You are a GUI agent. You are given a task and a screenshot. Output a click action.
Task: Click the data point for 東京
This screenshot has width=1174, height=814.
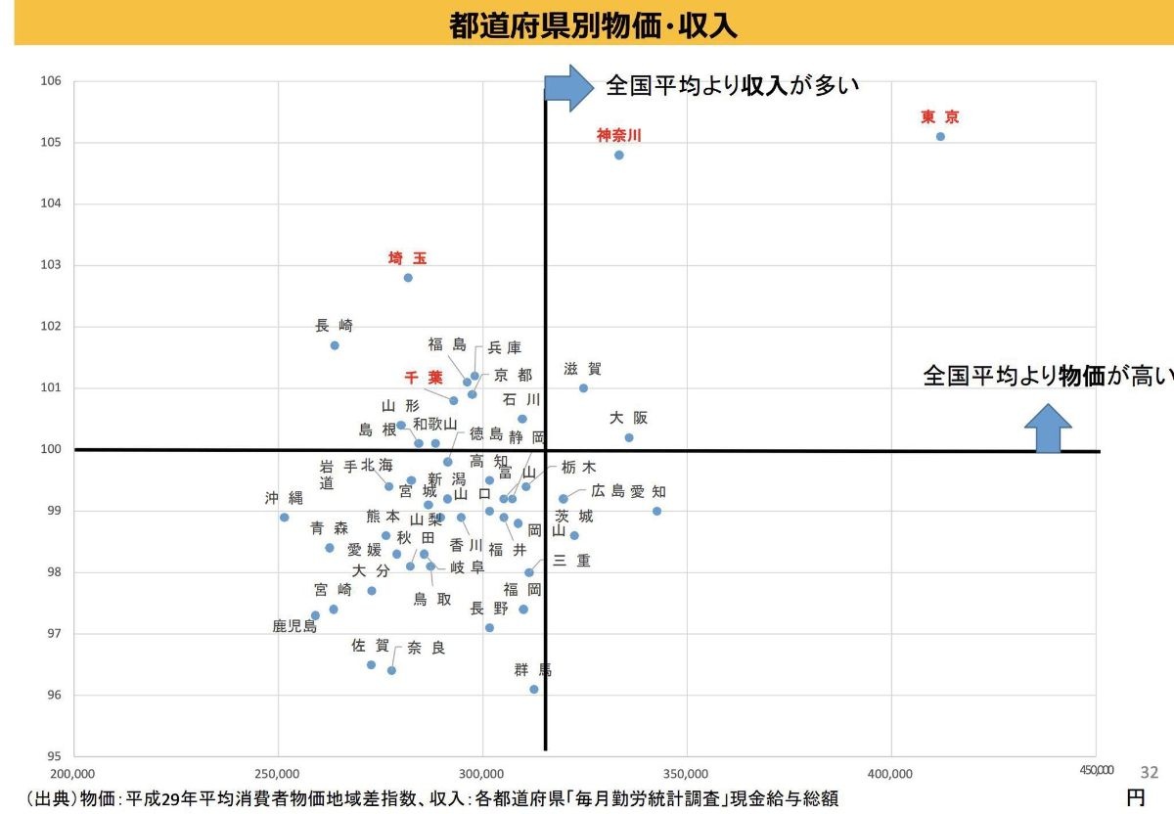coord(940,136)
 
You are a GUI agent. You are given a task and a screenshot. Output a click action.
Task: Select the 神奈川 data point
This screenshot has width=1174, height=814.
coord(618,155)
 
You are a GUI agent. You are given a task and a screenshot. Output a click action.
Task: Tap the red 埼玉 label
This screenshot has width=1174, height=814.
coord(407,258)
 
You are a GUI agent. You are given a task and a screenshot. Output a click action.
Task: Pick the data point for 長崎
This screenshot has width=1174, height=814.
coord(335,345)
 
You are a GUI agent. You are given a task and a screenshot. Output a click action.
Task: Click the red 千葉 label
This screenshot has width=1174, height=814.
coord(424,378)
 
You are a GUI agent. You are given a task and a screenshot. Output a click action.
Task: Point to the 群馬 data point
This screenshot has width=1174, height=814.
coord(534,689)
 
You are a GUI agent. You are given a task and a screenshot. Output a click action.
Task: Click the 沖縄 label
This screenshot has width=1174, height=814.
coord(284,498)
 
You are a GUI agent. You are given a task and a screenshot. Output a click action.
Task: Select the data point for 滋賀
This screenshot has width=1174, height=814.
coord(583,387)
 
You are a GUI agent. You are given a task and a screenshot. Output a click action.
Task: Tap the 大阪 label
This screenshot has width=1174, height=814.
coord(628,418)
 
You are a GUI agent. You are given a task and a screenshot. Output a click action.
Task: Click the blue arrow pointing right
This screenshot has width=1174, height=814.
coord(567,87)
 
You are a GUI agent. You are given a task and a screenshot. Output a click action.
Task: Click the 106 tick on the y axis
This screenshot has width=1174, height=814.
coord(52,81)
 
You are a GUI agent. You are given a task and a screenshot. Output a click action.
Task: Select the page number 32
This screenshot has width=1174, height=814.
coord(1150,772)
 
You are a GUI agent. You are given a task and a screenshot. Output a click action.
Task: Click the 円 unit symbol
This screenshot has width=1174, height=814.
coord(1135,797)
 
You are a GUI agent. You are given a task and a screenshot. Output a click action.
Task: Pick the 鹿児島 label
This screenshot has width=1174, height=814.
coord(294,626)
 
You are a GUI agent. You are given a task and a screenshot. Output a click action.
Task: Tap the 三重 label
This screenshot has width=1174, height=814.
coord(571,561)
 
